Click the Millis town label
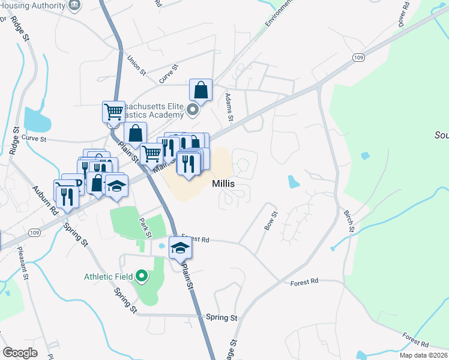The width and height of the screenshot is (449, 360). pos(222,183)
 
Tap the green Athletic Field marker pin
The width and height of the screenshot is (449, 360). pos(142,277)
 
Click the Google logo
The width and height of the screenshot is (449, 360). pos(20,353)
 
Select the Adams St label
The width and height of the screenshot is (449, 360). pos(229,106)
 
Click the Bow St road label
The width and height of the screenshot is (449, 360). pos(271,220)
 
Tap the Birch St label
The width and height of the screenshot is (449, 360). pos(349,220)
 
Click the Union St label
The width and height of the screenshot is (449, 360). pos(136,65)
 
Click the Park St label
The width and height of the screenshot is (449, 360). pos(145,227)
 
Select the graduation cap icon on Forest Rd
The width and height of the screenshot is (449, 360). pos(179,247)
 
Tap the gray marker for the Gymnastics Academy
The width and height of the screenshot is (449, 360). pos(193,110)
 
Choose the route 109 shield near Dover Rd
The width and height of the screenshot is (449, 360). pos(359,57)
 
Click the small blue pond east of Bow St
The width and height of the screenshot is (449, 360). pos(293,181)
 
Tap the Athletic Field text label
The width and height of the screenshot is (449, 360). pos(109,277)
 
